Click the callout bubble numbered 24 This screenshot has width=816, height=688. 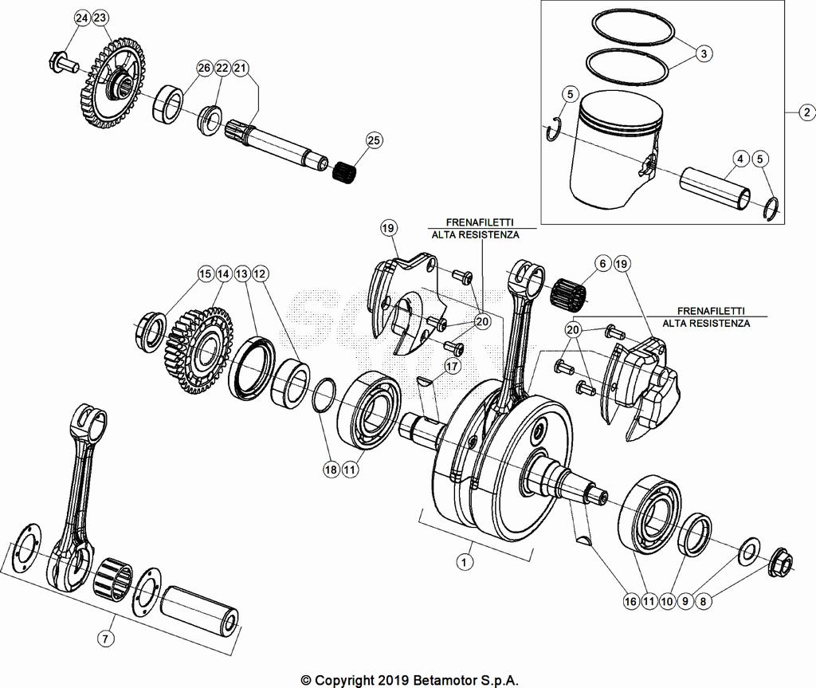pos(82,18)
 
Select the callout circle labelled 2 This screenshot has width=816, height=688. pos(806,112)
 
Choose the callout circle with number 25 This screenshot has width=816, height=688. pos(374,140)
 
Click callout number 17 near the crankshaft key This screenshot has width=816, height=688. pos(453,367)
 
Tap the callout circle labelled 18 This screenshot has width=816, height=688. pos(330,470)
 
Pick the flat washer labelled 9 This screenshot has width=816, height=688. pos(749,551)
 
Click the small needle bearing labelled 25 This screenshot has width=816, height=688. pos(345,170)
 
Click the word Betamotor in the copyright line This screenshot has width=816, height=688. pos(446,680)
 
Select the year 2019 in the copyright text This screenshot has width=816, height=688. pos(391,680)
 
